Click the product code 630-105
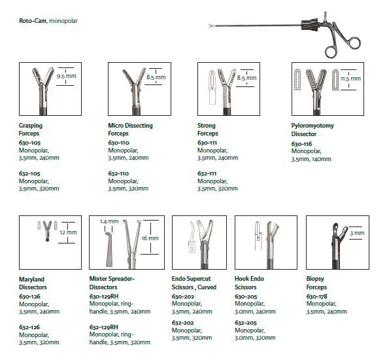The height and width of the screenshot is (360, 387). [29, 143]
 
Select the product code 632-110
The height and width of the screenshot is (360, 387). [118, 173]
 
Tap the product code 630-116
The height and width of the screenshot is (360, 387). [301, 144]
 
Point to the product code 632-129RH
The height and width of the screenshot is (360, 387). [104, 327]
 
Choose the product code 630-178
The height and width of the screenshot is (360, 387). [316, 297]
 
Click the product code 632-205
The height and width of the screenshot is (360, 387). [246, 323]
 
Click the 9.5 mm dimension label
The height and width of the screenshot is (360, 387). [67, 76]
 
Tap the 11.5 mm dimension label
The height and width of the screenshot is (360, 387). [350, 79]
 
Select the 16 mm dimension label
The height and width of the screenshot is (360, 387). [150, 238]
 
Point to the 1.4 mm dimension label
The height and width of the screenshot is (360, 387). [109, 221]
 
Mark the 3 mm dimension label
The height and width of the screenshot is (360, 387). [357, 233]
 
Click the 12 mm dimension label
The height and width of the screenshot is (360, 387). [68, 232]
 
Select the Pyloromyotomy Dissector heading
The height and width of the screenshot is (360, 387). [312, 130]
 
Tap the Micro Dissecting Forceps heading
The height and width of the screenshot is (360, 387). [130, 129]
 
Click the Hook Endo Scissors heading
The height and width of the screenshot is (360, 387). [249, 283]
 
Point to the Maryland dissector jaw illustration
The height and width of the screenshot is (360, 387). [47, 230]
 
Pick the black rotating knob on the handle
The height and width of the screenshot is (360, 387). [310, 25]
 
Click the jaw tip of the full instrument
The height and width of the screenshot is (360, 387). [210, 26]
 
